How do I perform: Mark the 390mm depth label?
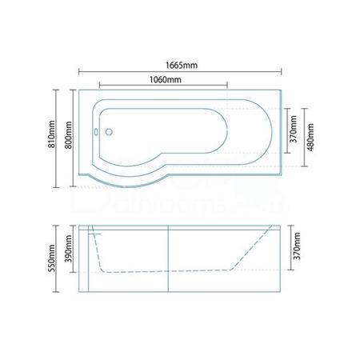tap(69, 250)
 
